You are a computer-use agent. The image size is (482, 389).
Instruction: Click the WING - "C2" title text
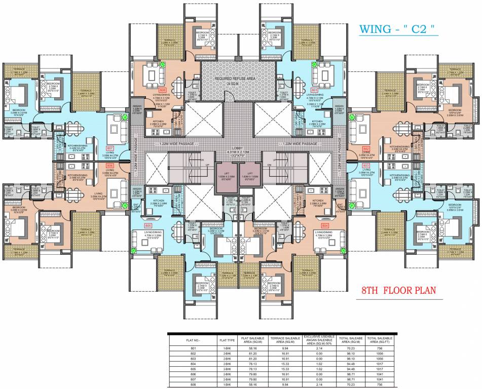point(398,29)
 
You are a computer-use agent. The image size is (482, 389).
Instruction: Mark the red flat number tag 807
point(110,149)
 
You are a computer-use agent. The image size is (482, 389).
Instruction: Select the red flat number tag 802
point(363,149)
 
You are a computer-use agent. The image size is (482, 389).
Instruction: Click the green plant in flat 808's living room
point(163,65)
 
